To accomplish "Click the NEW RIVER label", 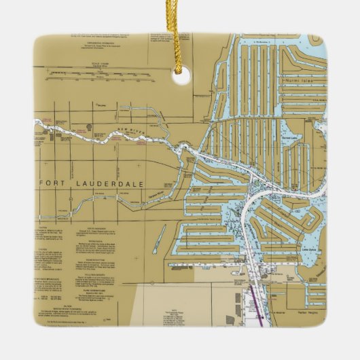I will click(128, 130).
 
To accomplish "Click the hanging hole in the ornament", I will click(181, 76).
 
